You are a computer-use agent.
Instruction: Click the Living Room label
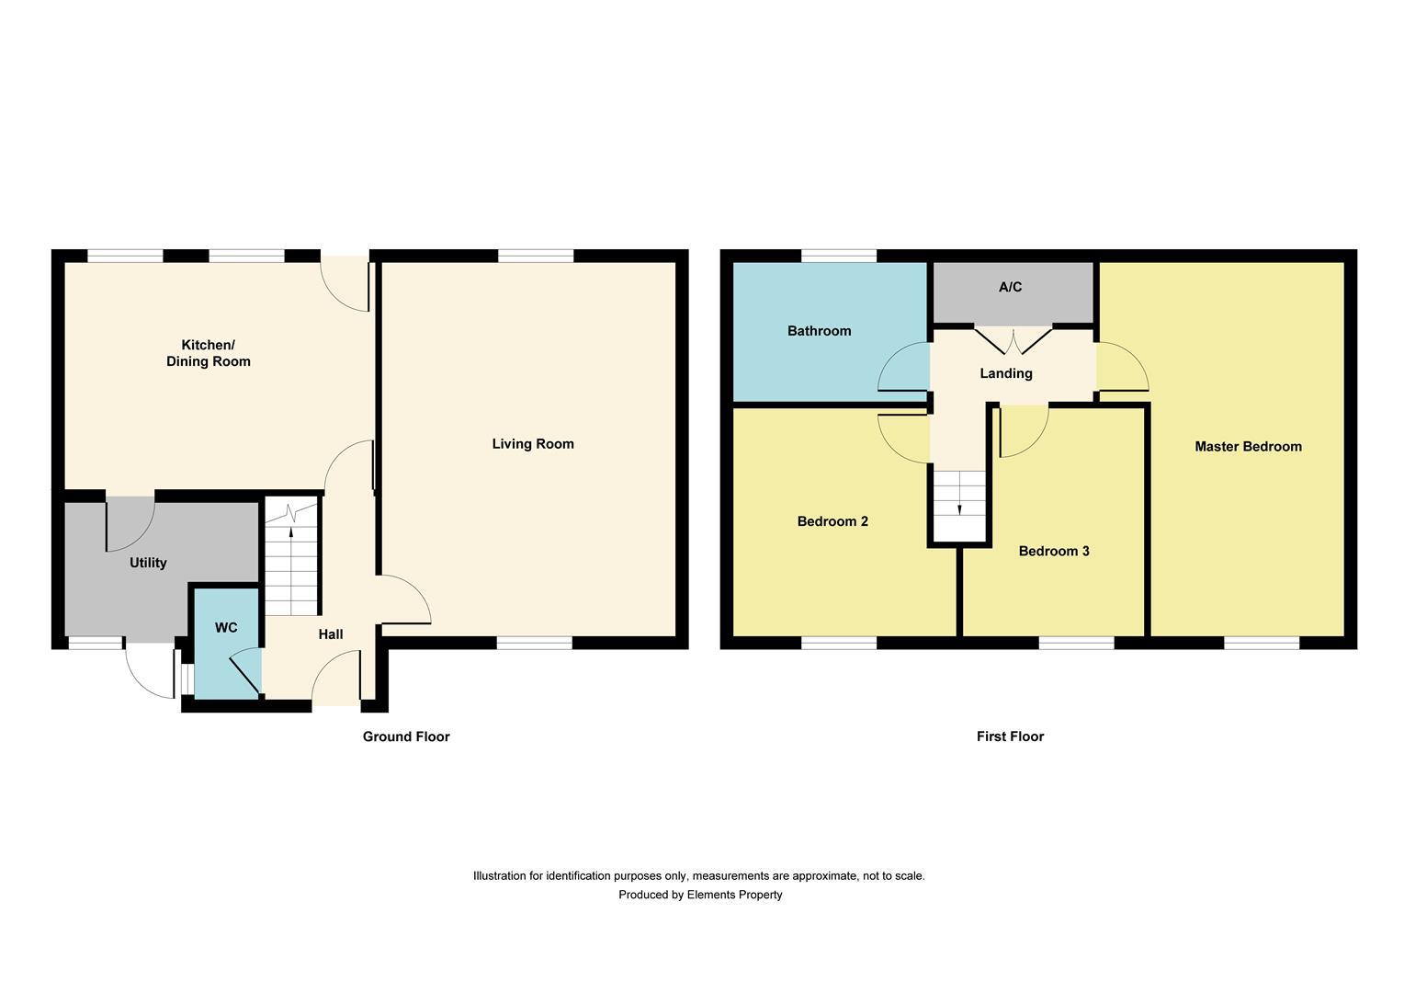pos(533,444)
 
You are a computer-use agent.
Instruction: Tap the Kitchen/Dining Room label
pos(208,353)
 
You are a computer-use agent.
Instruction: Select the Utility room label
pos(148,563)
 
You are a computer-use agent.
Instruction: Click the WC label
pos(226,628)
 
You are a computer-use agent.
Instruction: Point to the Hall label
pos(331,634)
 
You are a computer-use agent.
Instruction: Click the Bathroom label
pos(819,331)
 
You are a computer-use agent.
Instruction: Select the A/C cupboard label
pos(1010,288)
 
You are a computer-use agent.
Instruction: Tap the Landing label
pos(1006,373)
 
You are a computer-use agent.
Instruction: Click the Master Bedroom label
pos(1248,447)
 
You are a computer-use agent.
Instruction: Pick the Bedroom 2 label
pos(832,521)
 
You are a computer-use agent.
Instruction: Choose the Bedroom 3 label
pos(1054,552)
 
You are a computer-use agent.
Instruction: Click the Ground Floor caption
pos(406,736)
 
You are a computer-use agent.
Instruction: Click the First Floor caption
pos(1010,736)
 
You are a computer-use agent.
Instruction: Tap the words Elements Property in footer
pos(734,895)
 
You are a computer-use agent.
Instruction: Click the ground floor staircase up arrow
pos(292,530)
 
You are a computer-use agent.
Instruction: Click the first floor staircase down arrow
pos(960,508)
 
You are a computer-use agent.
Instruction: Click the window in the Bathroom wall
pos(838,257)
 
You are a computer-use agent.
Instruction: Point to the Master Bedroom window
pos(1262,643)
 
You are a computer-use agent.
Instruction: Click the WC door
pos(244,670)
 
